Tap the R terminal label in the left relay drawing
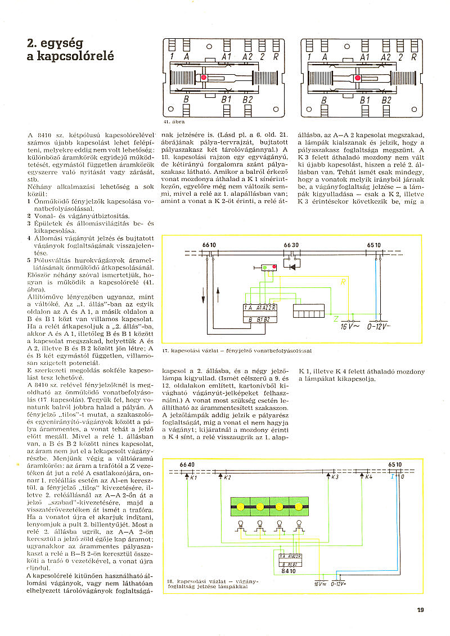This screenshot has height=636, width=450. [x=275, y=57]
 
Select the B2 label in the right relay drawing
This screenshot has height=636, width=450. [x=386, y=100]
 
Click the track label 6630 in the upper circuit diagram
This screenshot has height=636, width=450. [x=291, y=245]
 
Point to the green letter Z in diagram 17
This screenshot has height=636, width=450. [x=335, y=318]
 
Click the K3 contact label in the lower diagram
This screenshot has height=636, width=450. [x=335, y=477]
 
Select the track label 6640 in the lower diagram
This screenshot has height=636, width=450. [x=187, y=464]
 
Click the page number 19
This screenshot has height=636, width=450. [x=421, y=609]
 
